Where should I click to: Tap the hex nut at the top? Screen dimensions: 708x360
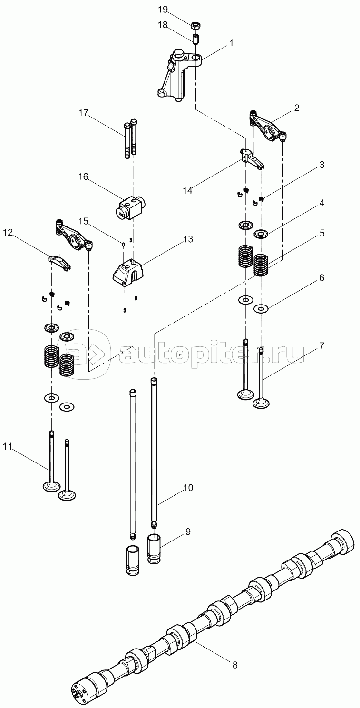(x=195, y=24)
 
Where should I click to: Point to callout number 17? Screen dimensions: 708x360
(x=84, y=113)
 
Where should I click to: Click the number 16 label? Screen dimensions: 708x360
(x=83, y=177)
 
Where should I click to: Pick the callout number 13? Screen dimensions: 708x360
(x=188, y=239)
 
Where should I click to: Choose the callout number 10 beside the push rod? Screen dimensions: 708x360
(x=188, y=488)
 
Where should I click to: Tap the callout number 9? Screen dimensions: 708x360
(x=188, y=531)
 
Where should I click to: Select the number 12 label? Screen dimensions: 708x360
(x=9, y=232)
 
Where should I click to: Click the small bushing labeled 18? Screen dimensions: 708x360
(x=195, y=38)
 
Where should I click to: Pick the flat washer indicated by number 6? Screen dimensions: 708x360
(x=260, y=308)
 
